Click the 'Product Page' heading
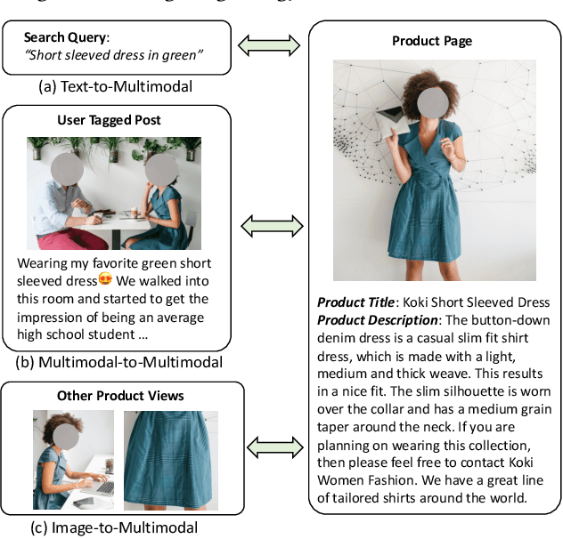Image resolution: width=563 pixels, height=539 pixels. (x=432, y=42)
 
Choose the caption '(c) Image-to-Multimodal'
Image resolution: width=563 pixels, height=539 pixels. (x=113, y=527)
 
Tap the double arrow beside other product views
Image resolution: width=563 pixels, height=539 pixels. (x=269, y=446)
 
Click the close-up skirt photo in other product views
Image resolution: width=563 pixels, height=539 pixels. (x=170, y=460)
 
